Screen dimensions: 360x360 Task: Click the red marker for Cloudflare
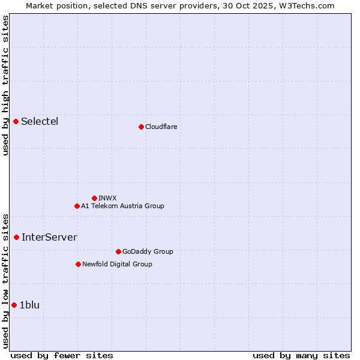click(x=141, y=127)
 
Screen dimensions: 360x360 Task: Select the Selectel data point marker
click(x=16, y=122)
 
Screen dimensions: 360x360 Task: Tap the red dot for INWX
click(x=95, y=198)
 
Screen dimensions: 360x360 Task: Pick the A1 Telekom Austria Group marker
click(x=77, y=206)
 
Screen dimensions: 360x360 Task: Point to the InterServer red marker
click(x=17, y=238)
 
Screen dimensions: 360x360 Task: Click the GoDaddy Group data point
click(x=118, y=252)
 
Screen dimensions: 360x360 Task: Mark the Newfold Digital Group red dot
click(x=79, y=265)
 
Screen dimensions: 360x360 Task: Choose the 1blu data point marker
click(x=14, y=305)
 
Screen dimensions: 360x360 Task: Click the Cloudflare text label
click(x=161, y=127)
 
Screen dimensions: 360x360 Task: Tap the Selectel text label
click(x=40, y=122)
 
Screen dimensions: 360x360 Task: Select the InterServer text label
click(x=49, y=238)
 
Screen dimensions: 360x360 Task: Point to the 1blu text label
click(x=29, y=305)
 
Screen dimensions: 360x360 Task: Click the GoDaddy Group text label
click(x=148, y=252)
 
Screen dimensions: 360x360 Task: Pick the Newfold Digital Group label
click(x=117, y=265)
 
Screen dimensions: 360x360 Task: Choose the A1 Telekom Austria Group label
click(x=122, y=206)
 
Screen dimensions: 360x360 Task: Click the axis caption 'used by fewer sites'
click(x=62, y=355)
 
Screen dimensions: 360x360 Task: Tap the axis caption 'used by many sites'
click(x=301, y=355)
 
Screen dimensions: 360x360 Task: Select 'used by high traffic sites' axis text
click(x=6, y=85)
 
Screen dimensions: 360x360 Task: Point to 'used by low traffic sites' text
click(x=6, y=281)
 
